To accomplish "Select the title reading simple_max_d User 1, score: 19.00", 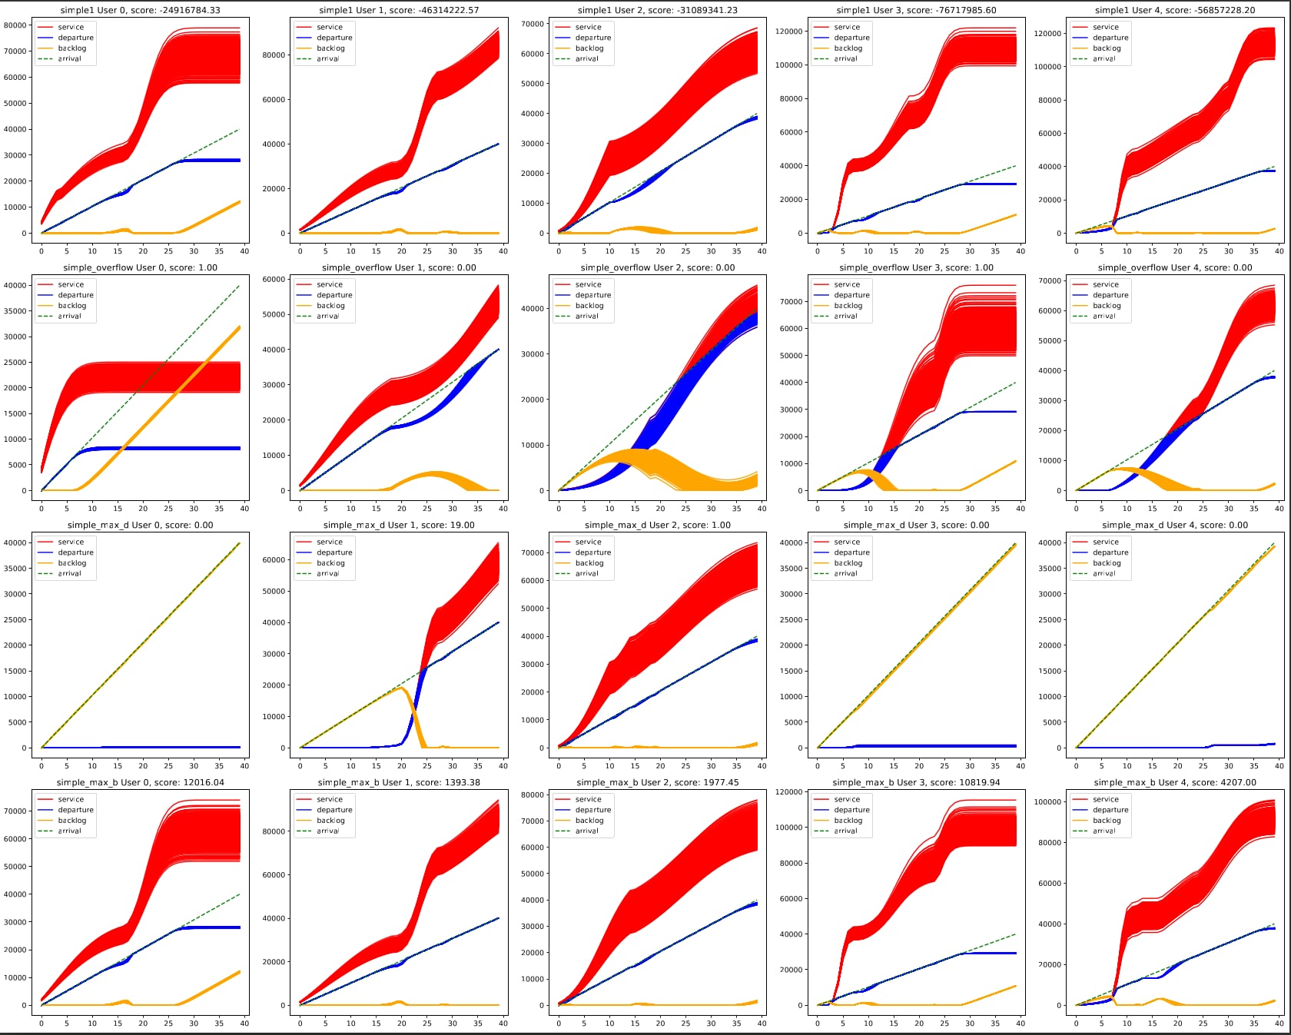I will pos(399,525).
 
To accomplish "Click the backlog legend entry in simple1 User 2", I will pos(589,48).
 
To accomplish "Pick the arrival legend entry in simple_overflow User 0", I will pos(69,316).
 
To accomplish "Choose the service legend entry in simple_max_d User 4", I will pos(1106,542).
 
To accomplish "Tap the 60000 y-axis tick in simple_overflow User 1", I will pos(274,279).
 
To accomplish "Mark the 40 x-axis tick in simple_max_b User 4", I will pos(1279,1023).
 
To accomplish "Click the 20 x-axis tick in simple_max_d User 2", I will pos(660,765).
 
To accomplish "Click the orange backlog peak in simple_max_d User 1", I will pos(401,688).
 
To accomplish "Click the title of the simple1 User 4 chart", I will pos(1175,10).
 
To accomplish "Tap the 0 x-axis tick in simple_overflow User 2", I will pos(559,508).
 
